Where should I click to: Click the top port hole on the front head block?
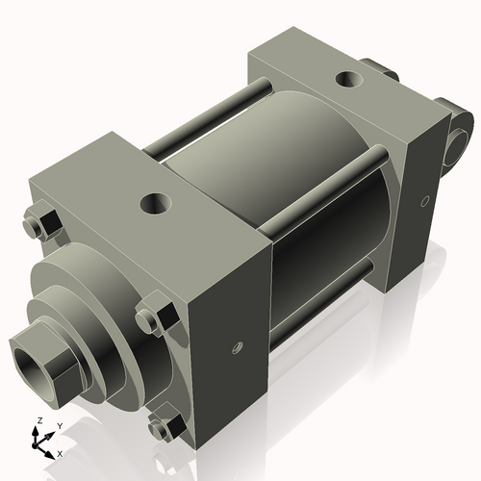point(153,203)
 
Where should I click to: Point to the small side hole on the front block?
point(234,349)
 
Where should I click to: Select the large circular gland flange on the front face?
point(82,298)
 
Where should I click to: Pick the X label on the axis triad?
point(60,452)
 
